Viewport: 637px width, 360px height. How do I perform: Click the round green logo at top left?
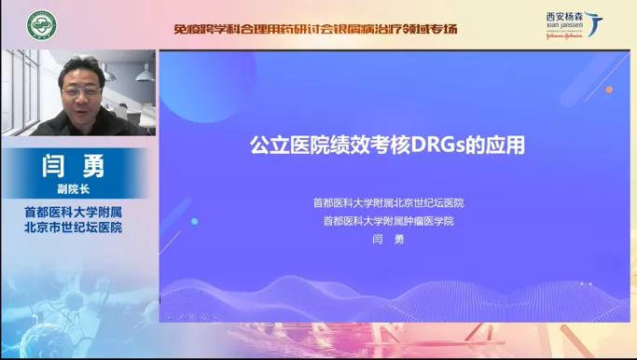(x=40, y=24)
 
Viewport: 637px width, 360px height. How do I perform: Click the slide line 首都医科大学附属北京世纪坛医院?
(x=388, y=202)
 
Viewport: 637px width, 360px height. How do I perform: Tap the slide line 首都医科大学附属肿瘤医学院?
(x=388, y=221)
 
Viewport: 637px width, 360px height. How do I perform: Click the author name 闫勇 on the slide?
(x=388, y=240)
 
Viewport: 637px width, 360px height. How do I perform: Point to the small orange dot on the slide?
(x=609, y=90)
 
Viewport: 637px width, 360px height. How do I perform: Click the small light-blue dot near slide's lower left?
(x=194, y=221)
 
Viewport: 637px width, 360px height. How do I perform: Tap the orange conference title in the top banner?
(x=315, y=29)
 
